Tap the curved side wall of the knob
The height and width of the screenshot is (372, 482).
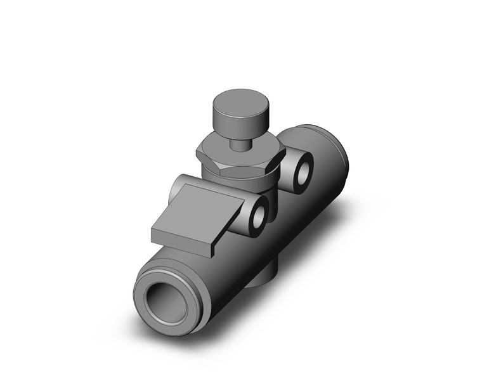click(232, 122)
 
